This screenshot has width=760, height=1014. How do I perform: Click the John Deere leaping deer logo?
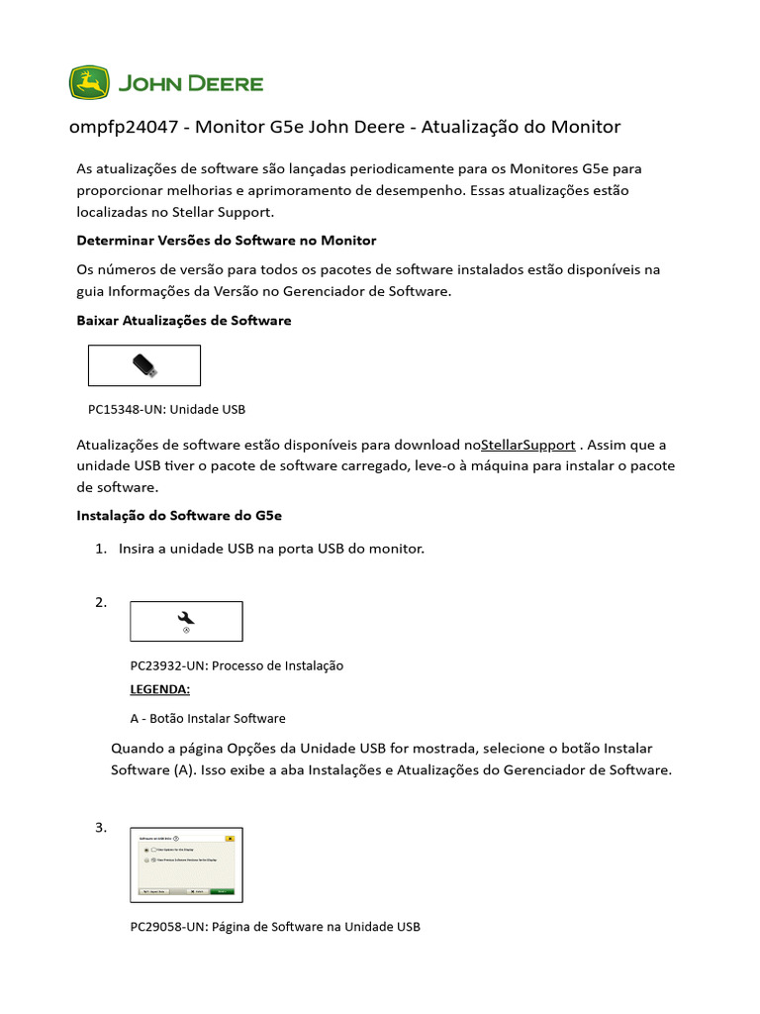[89, 83]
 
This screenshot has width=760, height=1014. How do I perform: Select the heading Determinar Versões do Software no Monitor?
[227, 241]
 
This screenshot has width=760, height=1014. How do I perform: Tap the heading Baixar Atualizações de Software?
[184, 321]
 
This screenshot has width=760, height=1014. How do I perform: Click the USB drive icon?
[144, 365]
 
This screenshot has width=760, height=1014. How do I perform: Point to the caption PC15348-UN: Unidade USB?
[166, 409]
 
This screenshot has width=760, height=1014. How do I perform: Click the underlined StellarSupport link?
[526, 445]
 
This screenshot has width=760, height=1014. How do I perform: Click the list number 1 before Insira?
[100, 549]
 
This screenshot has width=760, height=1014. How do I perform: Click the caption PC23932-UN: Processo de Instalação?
[237, 665]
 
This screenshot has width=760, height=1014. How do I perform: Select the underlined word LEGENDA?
[159, 689]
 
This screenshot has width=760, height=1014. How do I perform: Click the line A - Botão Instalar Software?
[208, 718]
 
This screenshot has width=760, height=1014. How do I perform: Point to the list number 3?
[100, 828]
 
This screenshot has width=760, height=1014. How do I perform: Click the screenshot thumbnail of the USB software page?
[186, 864]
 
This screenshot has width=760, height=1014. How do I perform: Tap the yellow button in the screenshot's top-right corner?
[230, 838]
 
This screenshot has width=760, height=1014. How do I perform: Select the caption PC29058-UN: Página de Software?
[275, 927]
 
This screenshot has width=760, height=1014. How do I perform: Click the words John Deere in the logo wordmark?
[191, 83]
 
